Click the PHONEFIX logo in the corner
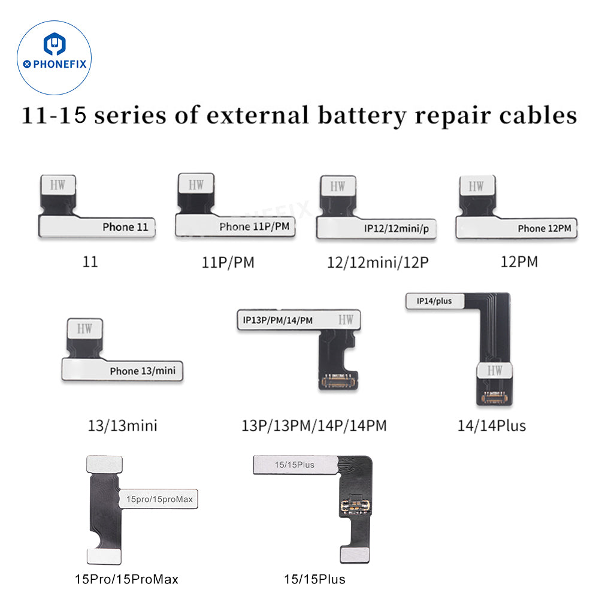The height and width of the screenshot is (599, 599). pyautogui.click(x=55, y=55)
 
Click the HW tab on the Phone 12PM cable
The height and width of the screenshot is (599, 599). pyautogui.click(x=477, y=186)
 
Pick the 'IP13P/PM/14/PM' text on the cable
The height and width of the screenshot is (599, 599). pyautogui.click(x=278, y=320)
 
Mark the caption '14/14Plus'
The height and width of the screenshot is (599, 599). pyautogui.click(x=491, y=425)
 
